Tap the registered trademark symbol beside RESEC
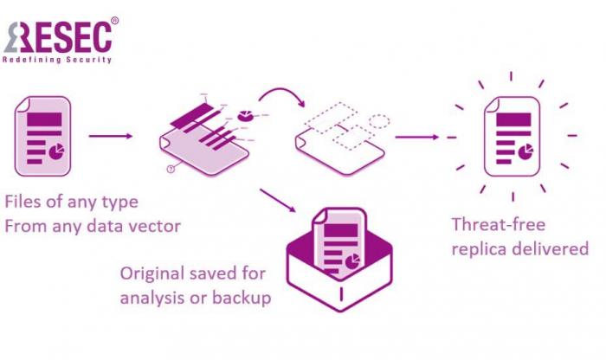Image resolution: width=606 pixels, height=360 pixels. pyautogui.click(x=115, y=19)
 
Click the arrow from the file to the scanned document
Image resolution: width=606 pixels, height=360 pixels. pyautogui.click(x=110, y=136)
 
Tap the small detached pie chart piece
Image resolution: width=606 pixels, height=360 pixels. pyautogui.click(x=244, y=113)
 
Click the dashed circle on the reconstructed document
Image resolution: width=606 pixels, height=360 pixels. pyautogui.click(x=378, y=121)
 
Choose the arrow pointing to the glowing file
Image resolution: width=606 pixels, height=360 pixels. pyautogui.click(x=416, y=136)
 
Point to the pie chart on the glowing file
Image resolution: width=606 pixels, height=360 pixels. pyautogui.click(x=525, y=152)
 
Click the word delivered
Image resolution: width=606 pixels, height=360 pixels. pyautogui.click(x=554, y=248)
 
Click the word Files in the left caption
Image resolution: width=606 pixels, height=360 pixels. pyautogui.click(x=23, y=202)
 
